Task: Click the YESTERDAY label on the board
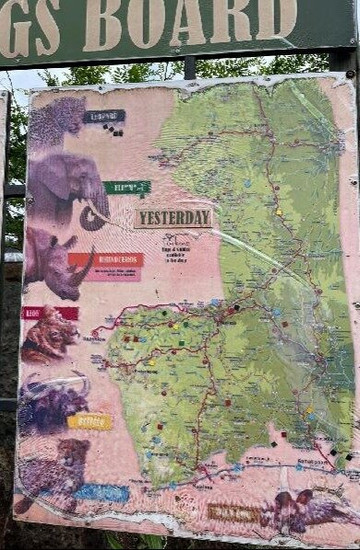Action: tap(173, 217)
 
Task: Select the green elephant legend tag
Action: tap(127, 187)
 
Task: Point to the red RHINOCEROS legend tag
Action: tap(106, 260)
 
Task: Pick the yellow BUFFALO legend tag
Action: tap(90, 421)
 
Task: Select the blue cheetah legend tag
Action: tap(102, 492)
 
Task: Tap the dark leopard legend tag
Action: tap(104, 116)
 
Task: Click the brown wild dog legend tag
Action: tap(232, 512)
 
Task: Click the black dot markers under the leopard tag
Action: tap(112, 130)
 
